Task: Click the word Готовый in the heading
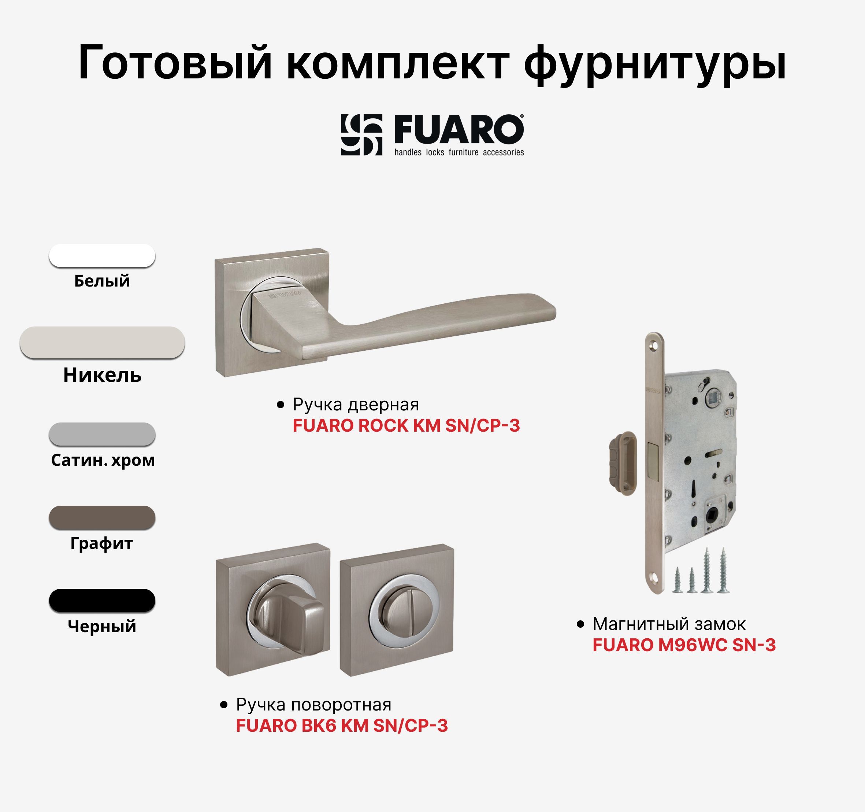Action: point(175,63)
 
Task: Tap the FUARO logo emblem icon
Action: point(361,135)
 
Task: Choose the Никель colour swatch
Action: point(102,343)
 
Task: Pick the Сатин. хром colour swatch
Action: point(102,434)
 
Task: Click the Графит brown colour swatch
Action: point(102,517)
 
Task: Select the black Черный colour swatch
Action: point(102,601)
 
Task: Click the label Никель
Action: point(102,375)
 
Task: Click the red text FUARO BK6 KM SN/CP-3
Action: point(342,726)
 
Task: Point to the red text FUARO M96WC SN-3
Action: point(684,645)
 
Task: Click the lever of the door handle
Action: point(435,320)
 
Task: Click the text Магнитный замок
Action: point(669,624)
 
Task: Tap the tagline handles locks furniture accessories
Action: point(459,152)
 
